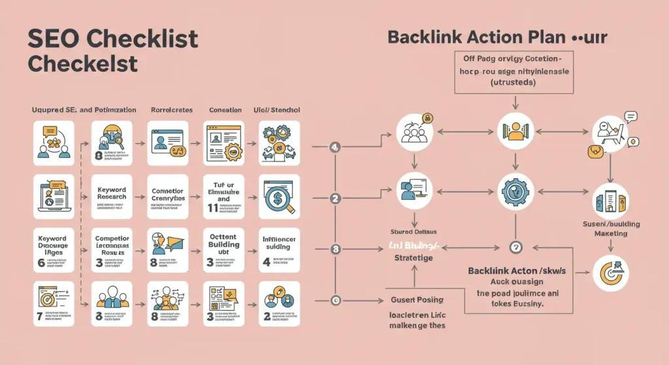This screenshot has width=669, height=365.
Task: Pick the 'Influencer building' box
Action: pos(280,249)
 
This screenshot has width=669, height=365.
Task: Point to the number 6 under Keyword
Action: pos(41,262)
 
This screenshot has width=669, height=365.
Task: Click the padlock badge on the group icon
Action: pos(428,118)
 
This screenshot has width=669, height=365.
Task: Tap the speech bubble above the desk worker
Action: pos(630,118)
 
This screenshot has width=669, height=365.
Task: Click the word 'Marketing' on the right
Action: pos(610,234)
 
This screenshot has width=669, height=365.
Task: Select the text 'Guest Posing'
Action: pos(416,300)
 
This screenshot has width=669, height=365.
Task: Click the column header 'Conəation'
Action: pos(225,110)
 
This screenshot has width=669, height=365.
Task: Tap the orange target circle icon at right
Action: pos(611,273)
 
